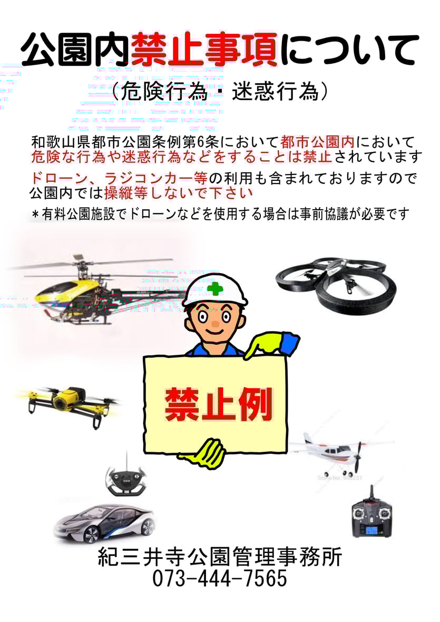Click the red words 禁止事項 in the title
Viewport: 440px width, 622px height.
(204, 50)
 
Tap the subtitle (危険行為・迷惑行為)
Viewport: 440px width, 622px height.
(220, 92)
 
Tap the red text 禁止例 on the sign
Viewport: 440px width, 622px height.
(219, 405)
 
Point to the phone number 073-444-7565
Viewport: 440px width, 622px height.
(220, 578)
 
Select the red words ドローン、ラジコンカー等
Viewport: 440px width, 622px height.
(119, 178)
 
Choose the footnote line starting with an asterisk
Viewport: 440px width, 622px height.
(220, 215)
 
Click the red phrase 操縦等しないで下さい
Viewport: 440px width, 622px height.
(179, 193)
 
